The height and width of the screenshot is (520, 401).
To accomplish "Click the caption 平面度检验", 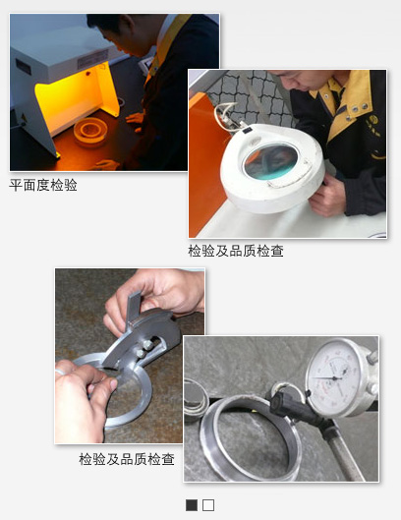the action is [43, 185].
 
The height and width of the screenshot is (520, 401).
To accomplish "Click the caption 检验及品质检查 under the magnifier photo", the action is [236, 251].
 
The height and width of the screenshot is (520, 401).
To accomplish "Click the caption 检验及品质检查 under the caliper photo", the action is [127, 459].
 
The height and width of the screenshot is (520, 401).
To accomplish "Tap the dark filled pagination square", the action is [192, 505].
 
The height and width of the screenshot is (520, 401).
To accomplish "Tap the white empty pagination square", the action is [208, 505].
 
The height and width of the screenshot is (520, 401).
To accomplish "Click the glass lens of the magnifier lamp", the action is [270, 161].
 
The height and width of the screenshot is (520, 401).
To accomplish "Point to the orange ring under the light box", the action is [90, 132].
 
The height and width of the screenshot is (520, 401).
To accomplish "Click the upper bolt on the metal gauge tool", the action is [148, 345].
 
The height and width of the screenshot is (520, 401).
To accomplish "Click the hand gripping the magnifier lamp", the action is [326, 196].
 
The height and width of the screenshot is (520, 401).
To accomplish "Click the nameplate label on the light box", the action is [92, 58].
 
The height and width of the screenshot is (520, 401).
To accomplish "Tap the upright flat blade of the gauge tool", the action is [134, 307].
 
